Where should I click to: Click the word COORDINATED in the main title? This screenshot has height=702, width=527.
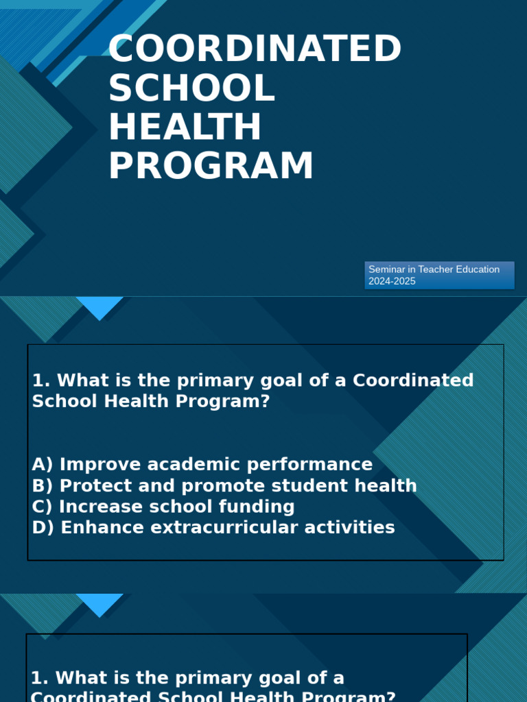coord(255,49)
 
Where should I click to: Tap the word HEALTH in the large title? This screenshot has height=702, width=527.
coord(185,128)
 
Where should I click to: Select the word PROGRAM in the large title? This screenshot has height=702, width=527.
coord(211,167)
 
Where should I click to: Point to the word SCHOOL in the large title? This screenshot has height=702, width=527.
coord(191,88)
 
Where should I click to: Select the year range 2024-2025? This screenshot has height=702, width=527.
coord(392,281)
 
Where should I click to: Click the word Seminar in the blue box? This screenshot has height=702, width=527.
coord(386,269)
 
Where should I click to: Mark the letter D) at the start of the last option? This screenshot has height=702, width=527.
coord(43,528)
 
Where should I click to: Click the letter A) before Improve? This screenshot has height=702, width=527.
coord(43,464)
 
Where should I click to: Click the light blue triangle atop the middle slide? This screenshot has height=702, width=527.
coord(100,306)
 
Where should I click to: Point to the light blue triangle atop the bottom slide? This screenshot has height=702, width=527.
coord(100,603)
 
